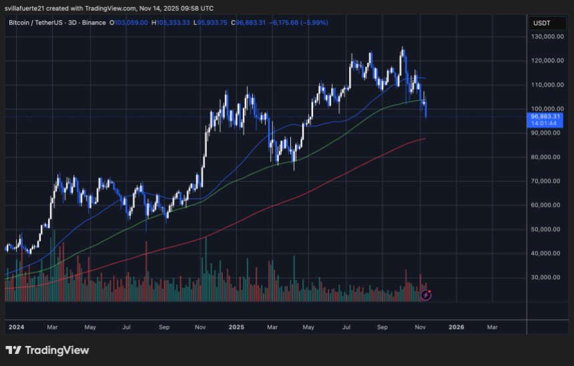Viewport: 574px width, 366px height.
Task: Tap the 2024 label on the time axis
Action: point(16,327)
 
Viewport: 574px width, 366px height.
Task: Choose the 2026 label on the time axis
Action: point(457,327)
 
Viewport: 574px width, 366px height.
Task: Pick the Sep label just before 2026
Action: point(382,327)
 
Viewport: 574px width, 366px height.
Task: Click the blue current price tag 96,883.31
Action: point(545,116)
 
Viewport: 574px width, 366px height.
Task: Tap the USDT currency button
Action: point(541,23)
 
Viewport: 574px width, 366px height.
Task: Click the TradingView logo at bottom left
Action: point(47,350)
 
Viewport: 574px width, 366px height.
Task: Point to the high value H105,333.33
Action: point(170,23)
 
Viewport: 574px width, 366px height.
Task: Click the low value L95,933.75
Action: point(210,23)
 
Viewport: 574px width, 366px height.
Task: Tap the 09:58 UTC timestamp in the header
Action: point(198,8)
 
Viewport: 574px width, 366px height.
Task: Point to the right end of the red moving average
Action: point(425,139)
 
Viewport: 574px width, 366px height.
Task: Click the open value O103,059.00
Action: point(129,23)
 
